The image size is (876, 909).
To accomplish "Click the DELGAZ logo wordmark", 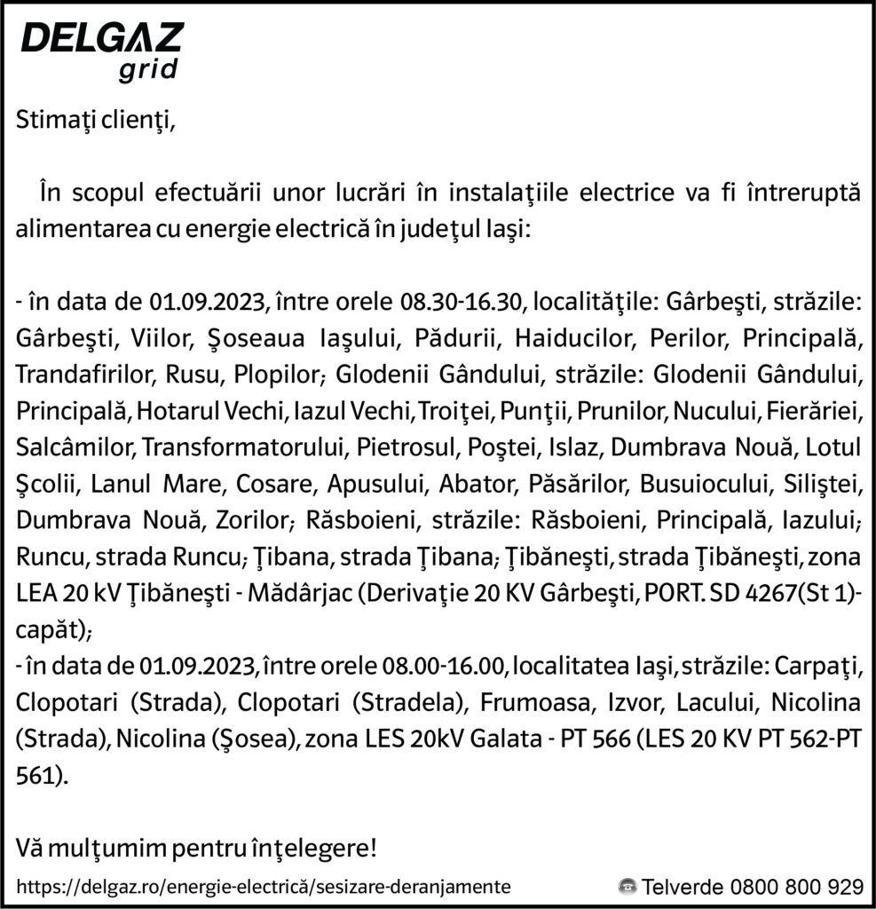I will [x=101, y=39].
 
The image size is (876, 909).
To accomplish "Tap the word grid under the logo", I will [x=147, y=70].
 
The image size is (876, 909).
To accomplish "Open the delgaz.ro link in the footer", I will [x=263, y=886].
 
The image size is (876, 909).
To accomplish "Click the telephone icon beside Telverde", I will [x=627, y=886].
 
